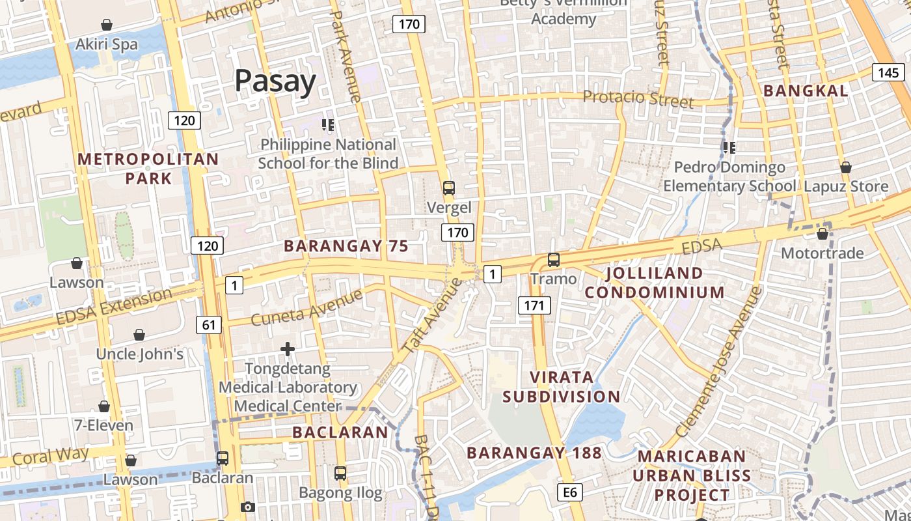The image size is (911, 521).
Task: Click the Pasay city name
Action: tap(275, 81)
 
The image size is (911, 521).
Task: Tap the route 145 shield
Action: tap(888, 73)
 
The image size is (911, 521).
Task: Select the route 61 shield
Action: tap(208, 324)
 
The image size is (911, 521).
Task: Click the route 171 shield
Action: tap(534, 304)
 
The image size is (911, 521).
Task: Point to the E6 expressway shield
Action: tap(570, 492)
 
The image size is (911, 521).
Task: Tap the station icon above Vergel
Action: tap(448, 188)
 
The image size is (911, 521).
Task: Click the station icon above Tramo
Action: tap(553, 259)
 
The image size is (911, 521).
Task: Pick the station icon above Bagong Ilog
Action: tap(340, 473)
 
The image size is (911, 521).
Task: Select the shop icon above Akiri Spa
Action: tap(107, 25)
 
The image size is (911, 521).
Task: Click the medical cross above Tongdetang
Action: tap(288, 350)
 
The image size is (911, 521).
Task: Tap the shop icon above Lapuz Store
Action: tap(845, 167)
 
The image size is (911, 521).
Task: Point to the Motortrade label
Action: tap(823, 253)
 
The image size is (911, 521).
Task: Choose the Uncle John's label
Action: tap(139, 354)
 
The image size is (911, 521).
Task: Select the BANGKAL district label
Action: tap(806, 91)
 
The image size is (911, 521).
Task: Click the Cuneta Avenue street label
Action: tap(306, 308)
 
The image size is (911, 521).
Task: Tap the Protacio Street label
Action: tap(638, 99)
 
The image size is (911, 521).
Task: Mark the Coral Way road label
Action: tap(51, 456)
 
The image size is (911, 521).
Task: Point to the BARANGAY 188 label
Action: tap(534, 453)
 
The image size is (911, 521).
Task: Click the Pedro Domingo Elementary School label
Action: tap(729, 177)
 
